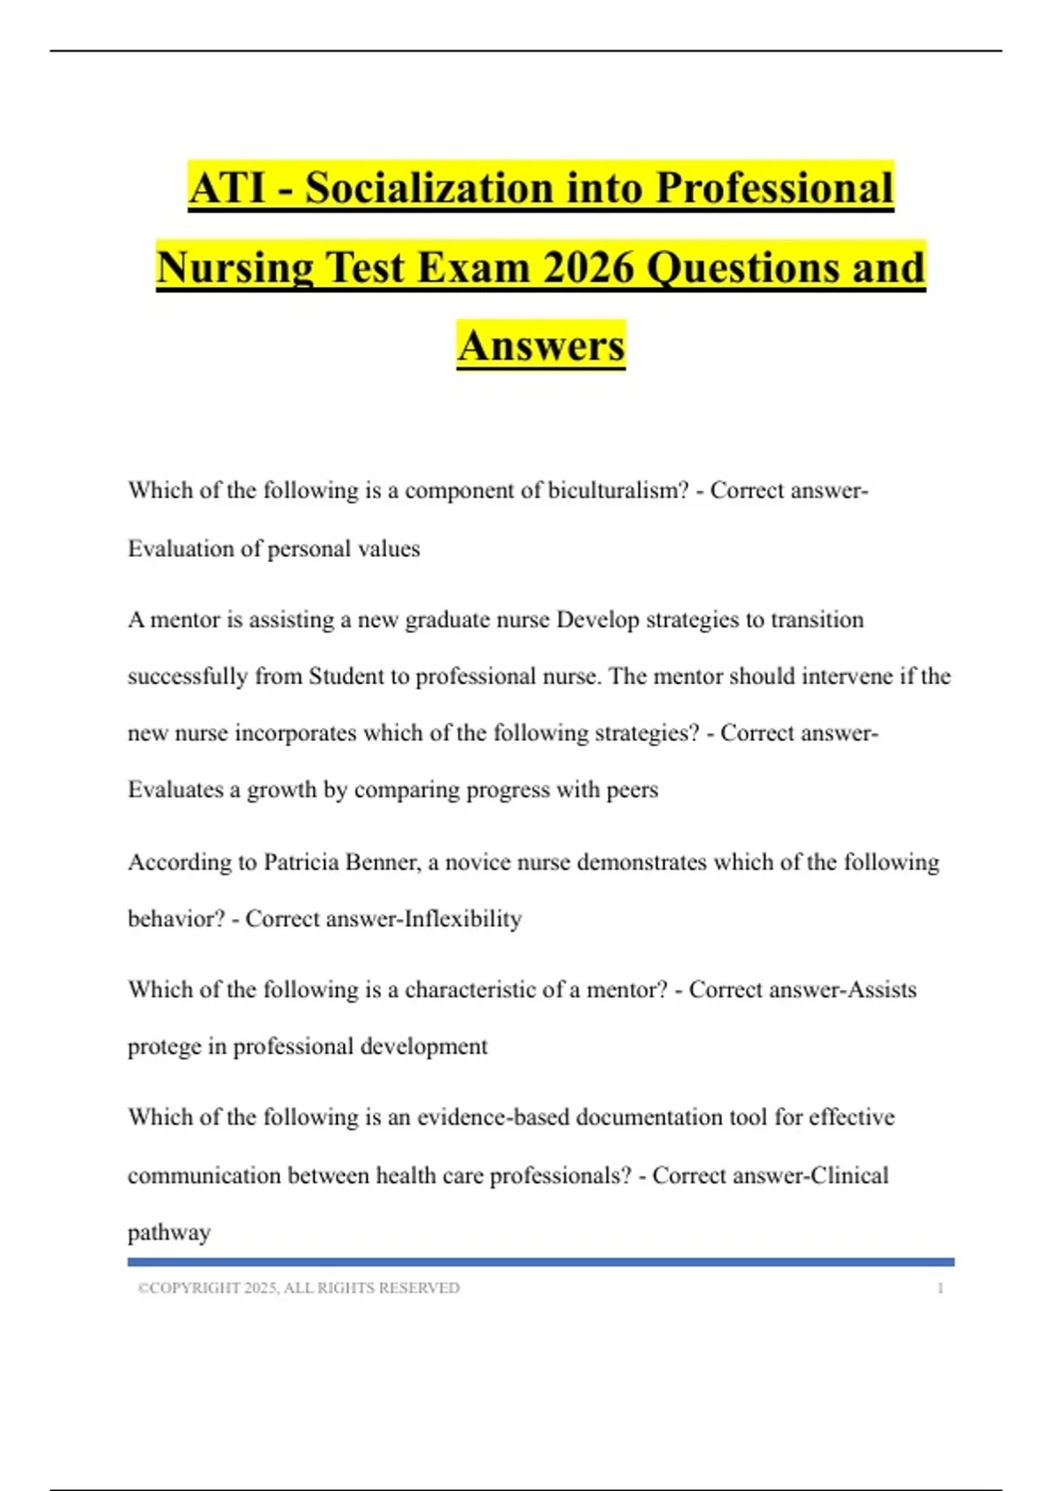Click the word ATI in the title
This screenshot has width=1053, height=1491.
[x=226, y=188]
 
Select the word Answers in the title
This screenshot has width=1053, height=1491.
[x=541, y=345]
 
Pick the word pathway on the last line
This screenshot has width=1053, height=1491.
[x=169, y=1232]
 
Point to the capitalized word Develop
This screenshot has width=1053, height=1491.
[x=598, y=619]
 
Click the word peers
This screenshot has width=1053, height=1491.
[x=632, y=789]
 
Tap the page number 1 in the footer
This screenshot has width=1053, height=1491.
[x=940, y=1288]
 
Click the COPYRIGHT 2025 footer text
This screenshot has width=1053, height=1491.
[x=298, y=1288]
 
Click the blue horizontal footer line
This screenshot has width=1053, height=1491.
[x=541, y=1262]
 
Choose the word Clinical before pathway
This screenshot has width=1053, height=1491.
[x=849, y=1175]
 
